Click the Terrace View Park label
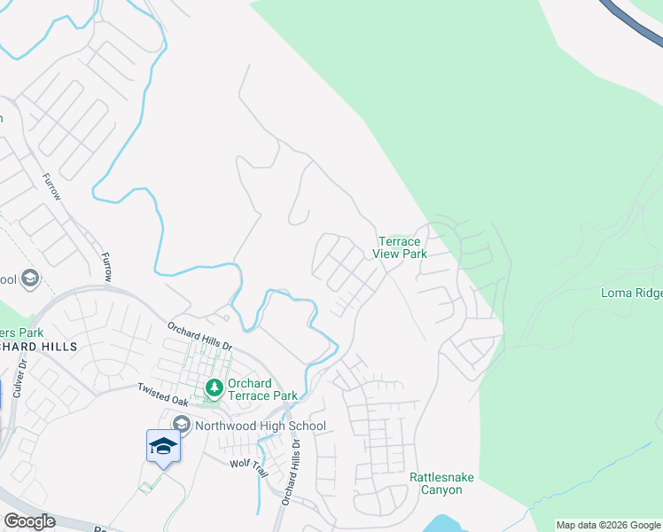[x=402, y=247]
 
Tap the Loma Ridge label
[x=631, y=293]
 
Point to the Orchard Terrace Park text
[x=261, y=389]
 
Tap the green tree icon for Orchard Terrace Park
[x=214, y=387]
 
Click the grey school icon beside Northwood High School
[x=182, y=426]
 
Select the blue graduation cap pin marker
[x=163, y=446]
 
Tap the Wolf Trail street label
[x=247, y=466]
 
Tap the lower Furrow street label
[x=107, y=266]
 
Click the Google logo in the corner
[x=29, y=521]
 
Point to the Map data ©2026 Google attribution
[x=608, y=525]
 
